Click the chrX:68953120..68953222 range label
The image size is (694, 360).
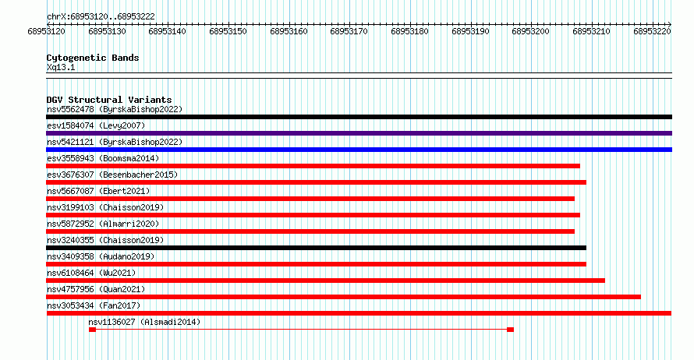101,17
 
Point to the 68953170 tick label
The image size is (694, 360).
349,32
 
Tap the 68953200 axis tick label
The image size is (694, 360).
530,32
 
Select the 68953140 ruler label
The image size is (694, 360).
168,32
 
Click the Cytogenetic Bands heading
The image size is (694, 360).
93,58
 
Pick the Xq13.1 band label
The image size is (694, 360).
61,68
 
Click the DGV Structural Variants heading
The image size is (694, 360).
109,100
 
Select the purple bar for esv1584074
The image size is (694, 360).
359,133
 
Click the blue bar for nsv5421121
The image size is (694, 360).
359,150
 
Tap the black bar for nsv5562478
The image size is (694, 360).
359,117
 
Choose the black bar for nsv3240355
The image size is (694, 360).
317,248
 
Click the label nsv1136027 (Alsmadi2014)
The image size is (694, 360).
144,322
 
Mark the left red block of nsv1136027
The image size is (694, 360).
92,330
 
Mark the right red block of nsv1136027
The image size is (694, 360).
510,330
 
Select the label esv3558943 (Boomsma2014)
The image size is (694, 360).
103,158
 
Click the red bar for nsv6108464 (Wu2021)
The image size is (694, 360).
326,281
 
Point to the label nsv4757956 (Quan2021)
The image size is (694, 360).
96,289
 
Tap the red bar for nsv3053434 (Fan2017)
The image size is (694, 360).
359,313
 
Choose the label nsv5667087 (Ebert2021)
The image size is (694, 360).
98,191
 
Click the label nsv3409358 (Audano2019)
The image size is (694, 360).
101,256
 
